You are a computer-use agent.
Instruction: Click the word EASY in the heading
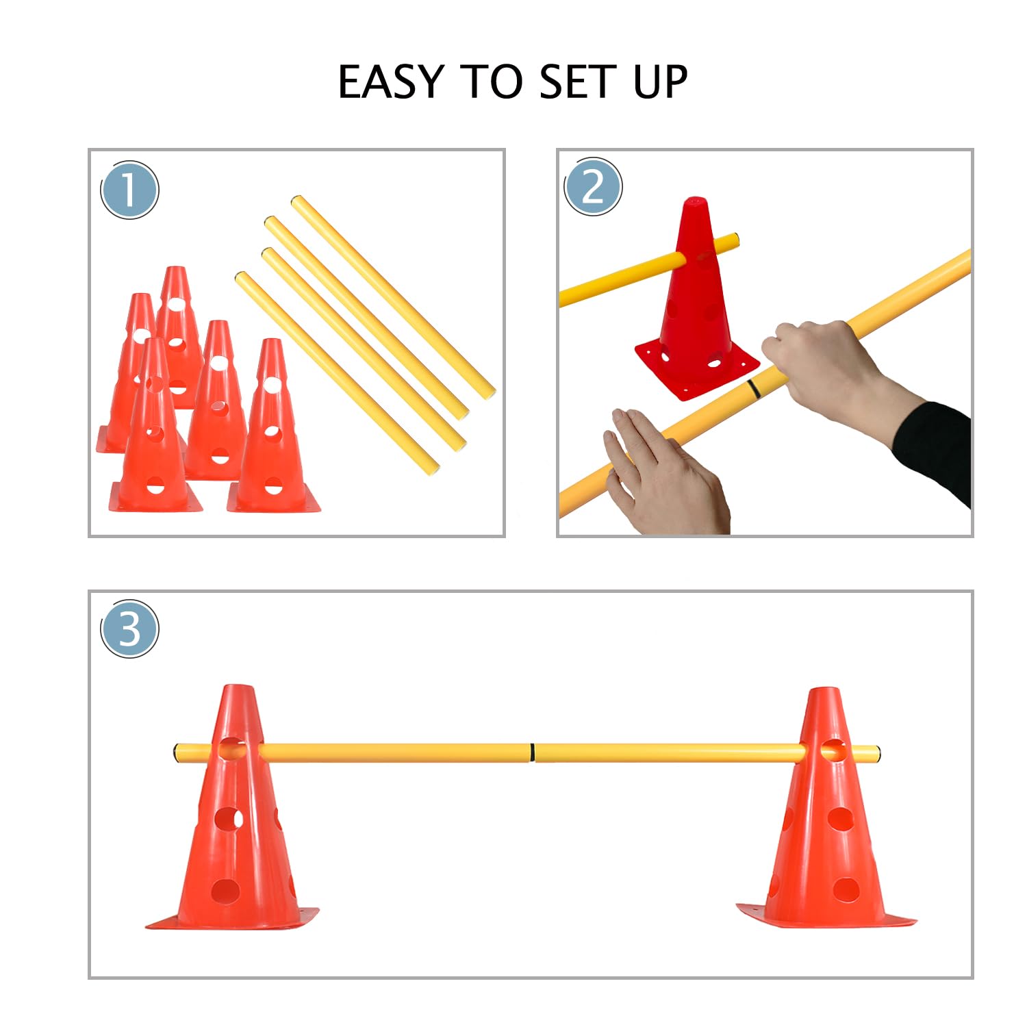click(x=391, y=82)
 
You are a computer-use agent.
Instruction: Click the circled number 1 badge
click(x=129, y=190)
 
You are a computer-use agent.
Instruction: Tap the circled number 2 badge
click(x=593, y=186)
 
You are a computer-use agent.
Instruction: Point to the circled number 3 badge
click(x=129, y=629)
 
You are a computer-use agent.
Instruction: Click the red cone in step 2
click(x=695, y=308)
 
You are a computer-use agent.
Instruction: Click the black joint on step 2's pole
click(x=753, y=388)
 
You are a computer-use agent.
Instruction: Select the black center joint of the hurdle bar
click(x=532, y=753)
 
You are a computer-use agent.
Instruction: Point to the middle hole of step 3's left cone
click(x=228, y=818)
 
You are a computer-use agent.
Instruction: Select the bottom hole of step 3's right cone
click(x=846, y=889)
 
